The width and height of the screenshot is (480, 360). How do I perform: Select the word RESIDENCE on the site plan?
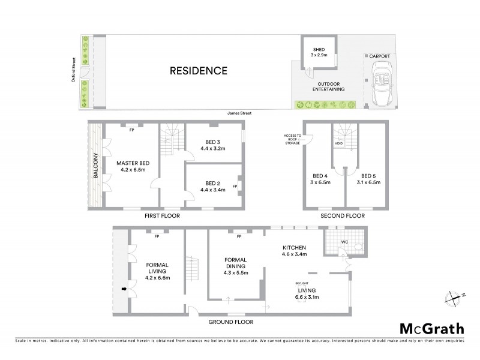pyautogui.click(x=199, y=71)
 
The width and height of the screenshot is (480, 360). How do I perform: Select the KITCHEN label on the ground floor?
pyautogui.click(x=295, y=247)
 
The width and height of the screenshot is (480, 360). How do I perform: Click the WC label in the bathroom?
pyautogui.click(x=344, y=243)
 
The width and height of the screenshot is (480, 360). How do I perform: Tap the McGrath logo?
pyautogui.click(x=431, y=328)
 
